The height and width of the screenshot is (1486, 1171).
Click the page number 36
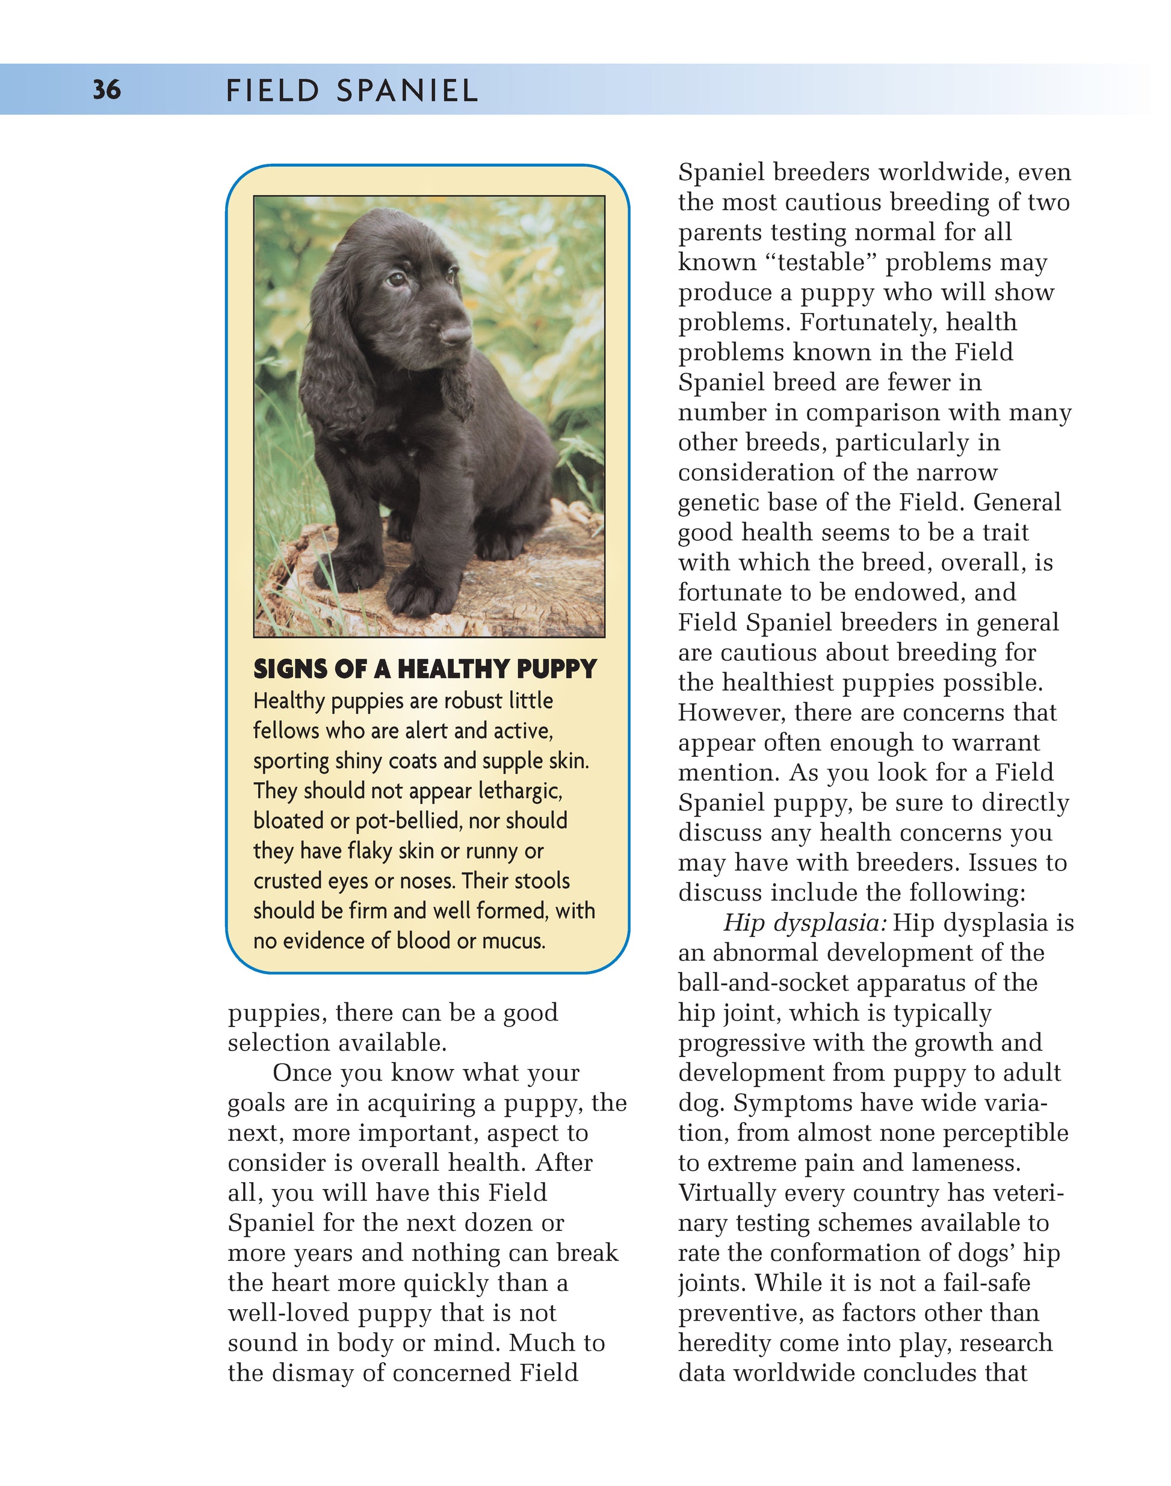tap(107, 90)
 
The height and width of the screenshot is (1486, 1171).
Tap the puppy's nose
tap(456, 335)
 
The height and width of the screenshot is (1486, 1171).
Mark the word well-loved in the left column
tap(289, 1313)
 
